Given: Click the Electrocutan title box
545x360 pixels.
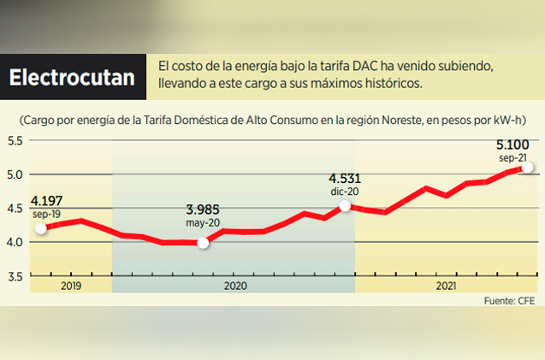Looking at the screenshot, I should point(72,77).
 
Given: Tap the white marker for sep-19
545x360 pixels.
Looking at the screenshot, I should point(41,228).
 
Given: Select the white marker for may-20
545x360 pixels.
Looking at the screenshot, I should point(203,243).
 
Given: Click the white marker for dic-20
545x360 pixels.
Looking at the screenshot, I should point(345,205).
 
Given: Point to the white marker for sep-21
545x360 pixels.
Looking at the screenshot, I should point(528,168).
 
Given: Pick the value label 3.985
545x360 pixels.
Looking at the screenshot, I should point(204,210).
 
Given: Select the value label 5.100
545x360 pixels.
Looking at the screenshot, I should point(518,146).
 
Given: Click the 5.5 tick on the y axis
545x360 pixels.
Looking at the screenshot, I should point(17,140).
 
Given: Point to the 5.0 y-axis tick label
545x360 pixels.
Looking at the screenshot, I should point(17,174).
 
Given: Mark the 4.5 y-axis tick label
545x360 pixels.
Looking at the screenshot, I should point(17,209).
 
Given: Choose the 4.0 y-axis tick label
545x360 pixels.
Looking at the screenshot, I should point(17,242).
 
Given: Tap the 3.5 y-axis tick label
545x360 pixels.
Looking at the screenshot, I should point(17,276).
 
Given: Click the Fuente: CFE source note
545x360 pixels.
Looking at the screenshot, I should point(510,301).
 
